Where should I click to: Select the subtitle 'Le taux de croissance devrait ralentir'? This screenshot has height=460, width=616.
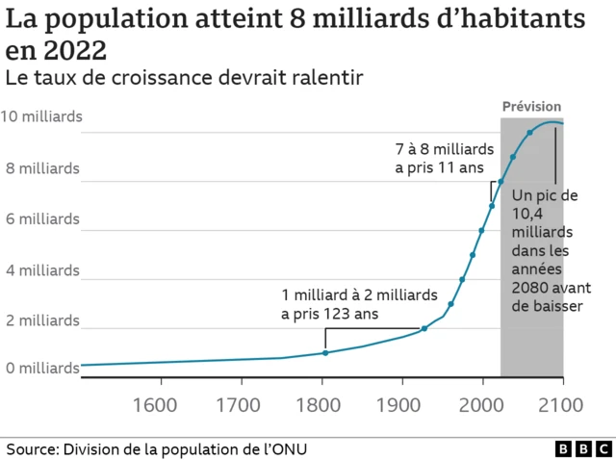coord(184,78)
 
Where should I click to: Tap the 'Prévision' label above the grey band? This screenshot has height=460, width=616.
coord(532,106)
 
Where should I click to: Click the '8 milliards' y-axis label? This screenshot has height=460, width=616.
coord(44,168)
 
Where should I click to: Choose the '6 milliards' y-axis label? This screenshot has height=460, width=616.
coord(44,218)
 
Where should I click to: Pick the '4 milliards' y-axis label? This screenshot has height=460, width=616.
coord(44,269)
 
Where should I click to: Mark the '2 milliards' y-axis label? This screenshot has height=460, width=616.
coord(44,319)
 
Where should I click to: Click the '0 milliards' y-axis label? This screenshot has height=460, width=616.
coord(44,369)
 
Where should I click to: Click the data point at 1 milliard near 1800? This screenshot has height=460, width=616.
coord(325,353)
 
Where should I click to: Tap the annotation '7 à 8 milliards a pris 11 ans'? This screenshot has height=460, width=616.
coord(444,159)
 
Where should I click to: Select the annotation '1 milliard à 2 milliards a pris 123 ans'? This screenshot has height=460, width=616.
coord(359,304)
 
